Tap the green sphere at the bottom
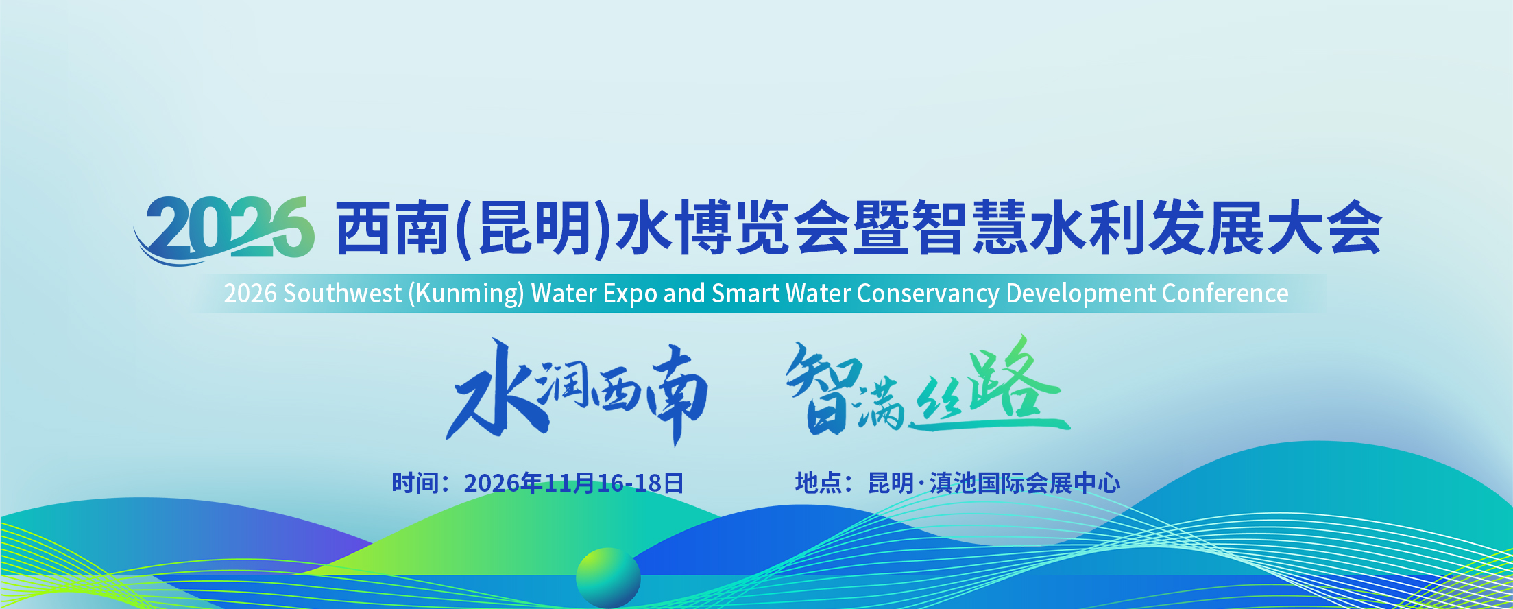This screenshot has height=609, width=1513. point(608,578)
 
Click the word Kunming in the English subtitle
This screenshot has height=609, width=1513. point(466,294)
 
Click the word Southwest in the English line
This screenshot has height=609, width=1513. point(342,294)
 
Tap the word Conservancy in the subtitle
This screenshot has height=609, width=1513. point(928,294)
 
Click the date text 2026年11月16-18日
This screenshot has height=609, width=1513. point(574,483)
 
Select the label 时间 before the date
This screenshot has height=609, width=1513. point(415,483)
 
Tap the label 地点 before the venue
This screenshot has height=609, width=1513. point(819,483)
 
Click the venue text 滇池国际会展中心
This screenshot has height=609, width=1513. point(1025,483)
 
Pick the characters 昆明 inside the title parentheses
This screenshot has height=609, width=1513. point(534,229)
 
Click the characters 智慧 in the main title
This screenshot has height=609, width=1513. point(970,228)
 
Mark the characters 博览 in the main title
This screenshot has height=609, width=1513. point(733,228)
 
